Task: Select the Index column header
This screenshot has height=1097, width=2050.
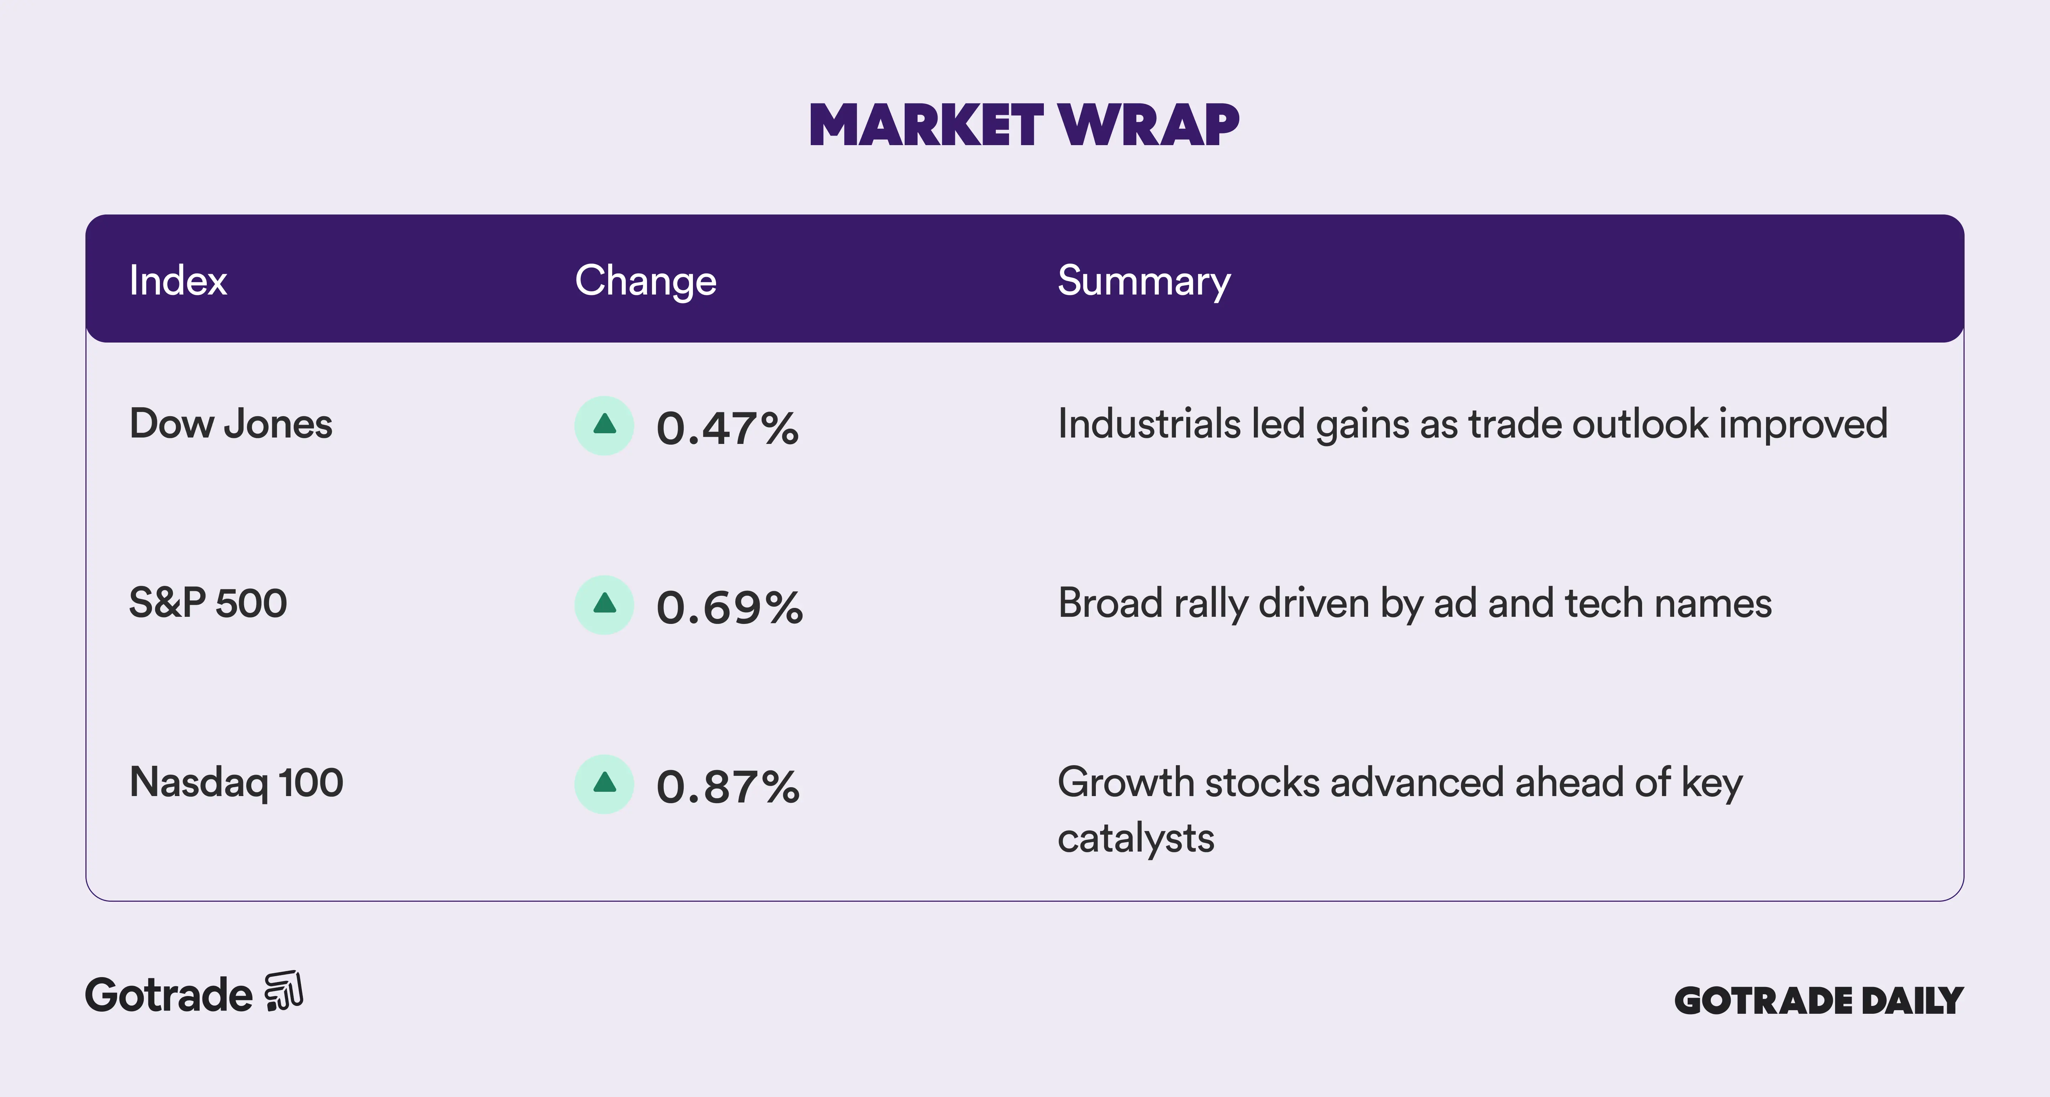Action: tap(178, 281)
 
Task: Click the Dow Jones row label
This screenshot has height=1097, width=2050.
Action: tap(231, 424)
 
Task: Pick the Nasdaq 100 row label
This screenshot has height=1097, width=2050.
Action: tap(236, 783)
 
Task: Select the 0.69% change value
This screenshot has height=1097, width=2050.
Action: tap(730, 608)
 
